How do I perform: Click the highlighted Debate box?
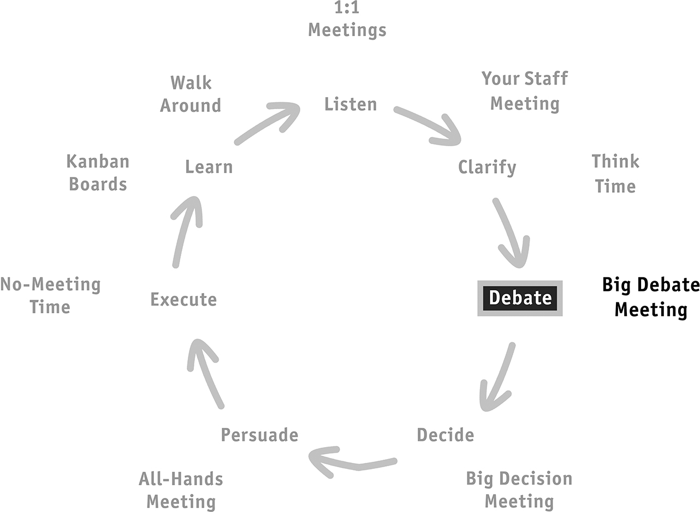click(x=520, y=298)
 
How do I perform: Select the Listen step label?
click(x=351, y=104)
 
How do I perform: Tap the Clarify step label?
click(x=487, y=168)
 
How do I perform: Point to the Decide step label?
click(x=446, y=434)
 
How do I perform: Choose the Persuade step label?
click(x=259, y=434)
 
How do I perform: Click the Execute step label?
click(x=183, y=299)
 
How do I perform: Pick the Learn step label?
click(x=209, y=166)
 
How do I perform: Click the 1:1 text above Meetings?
click(x=347, y=7)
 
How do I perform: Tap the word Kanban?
click(x=98, y=162)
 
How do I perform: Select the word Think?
click(x=615, y=161)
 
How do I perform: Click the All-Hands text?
click(x=181, y=479)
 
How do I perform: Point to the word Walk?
click(x=191, y=82)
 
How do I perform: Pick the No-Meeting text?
click(x=50, y=284)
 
